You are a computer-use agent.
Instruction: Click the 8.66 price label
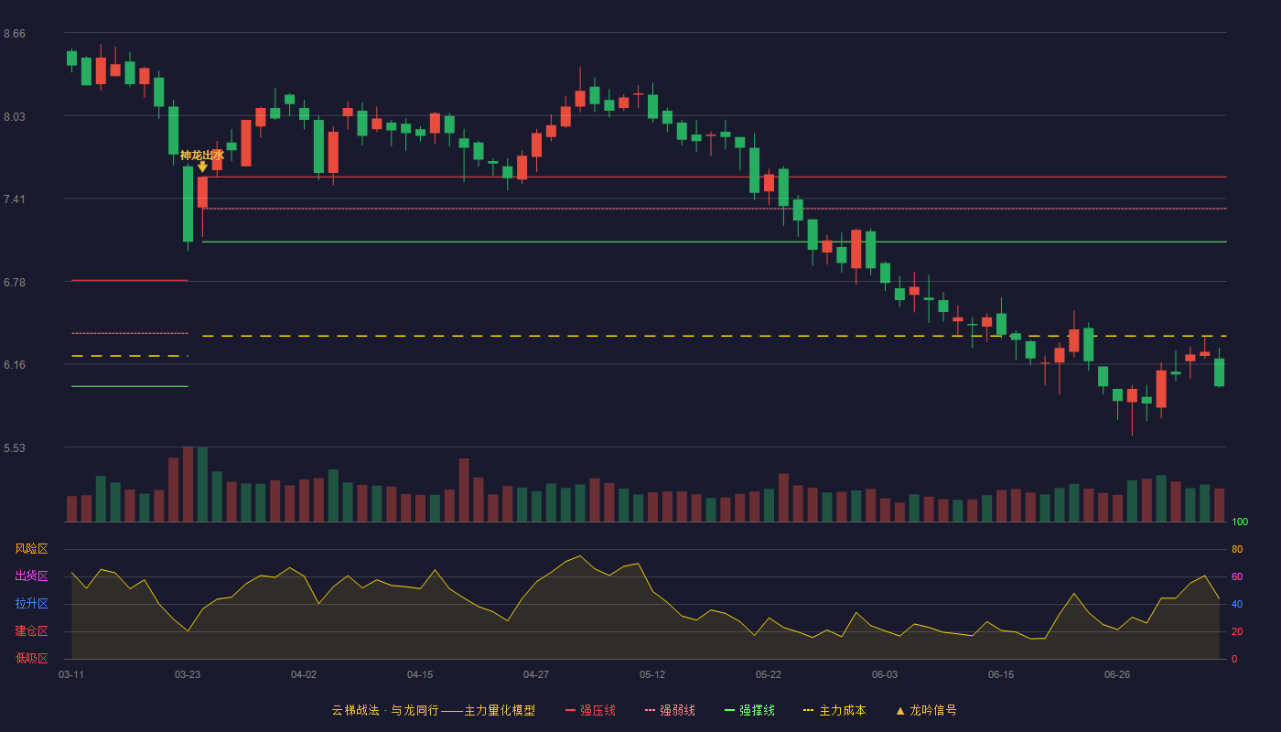(x=15, y=34)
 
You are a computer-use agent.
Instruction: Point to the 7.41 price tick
(x=15, y=199)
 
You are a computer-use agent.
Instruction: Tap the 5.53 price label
(x=15, y=447)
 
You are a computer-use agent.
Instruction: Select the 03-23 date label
(x=188, y=675)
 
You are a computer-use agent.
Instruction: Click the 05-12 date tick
(x=651, y=675)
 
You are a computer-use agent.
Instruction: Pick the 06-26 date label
(x=1117, y=675)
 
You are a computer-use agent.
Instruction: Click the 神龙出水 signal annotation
(x=202, y=155)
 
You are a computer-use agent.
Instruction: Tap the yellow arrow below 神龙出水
(x=202, y=167)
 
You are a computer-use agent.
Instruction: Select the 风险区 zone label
(x=31, y=549)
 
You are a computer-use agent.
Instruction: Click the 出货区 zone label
(x=31, y=576)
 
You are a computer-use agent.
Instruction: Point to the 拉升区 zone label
(x=31, y=603)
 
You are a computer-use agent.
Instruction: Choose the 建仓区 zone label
(x=31, y=630)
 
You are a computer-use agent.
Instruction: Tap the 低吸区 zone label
(x=31, y=658)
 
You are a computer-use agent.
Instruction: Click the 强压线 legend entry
(x=590, y=710)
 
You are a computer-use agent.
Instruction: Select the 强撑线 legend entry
(x=749, y=710)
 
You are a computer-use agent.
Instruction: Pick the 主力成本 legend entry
(x=834, y=710)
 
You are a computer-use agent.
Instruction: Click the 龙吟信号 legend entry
(x=926, y=710)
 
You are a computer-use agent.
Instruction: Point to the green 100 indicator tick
(x=1240, y=522)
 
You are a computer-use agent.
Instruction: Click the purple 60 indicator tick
(x=1237, y=576)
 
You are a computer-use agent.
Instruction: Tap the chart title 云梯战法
(x=355, y=710)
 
